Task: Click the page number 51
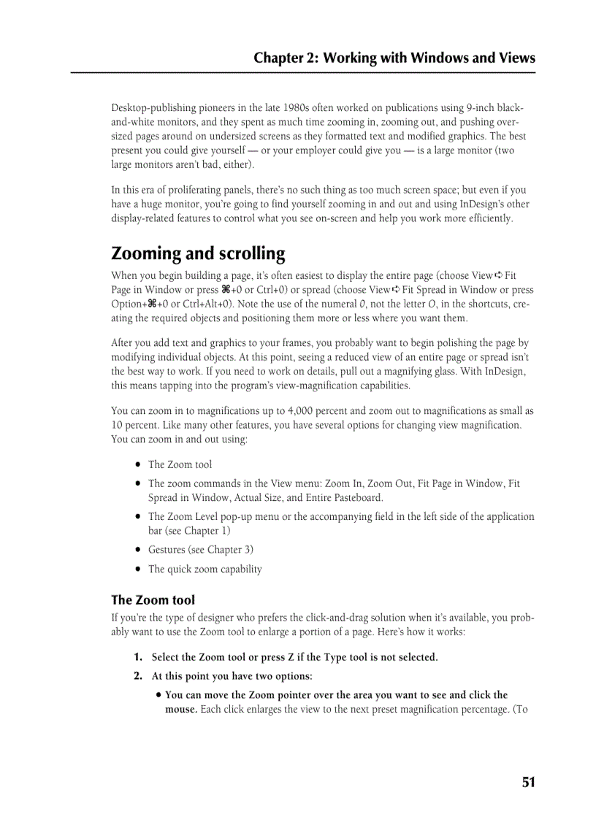(x=529, y=782)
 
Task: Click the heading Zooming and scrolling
(x=198, y=254)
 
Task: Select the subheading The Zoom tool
(x=153, y=600)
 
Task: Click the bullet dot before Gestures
(x=137, y=550)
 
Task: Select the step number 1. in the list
(x=138, y=657)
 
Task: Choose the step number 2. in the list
(x=138, y=676)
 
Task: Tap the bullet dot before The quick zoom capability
(x=137, y=570)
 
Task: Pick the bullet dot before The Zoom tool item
(x=137, y=464)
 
